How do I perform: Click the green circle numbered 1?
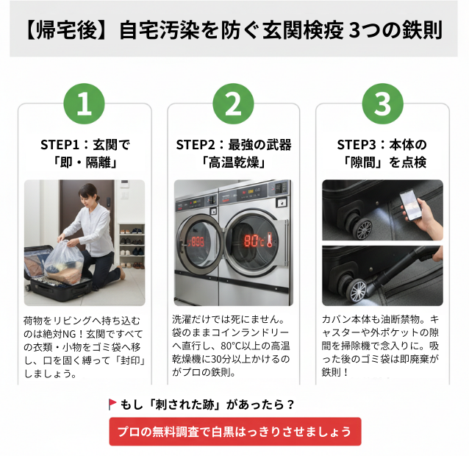pos(84,104)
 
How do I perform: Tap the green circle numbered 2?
pos(233,104)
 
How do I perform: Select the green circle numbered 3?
pos(382,104)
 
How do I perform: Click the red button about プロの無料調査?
pos(235,431)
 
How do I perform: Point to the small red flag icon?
pos(112,404)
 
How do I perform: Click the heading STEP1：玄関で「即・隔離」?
pos(85,153)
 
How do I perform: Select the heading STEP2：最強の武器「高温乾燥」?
pos(233,153)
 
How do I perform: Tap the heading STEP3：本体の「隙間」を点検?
pos(382,153)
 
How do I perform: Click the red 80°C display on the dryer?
pos(255,241)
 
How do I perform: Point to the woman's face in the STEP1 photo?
pos(86,197)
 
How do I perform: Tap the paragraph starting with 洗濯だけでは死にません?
pos(233,346)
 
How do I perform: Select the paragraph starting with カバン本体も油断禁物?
pos(382,346)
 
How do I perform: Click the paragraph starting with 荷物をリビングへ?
pos(85,347)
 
